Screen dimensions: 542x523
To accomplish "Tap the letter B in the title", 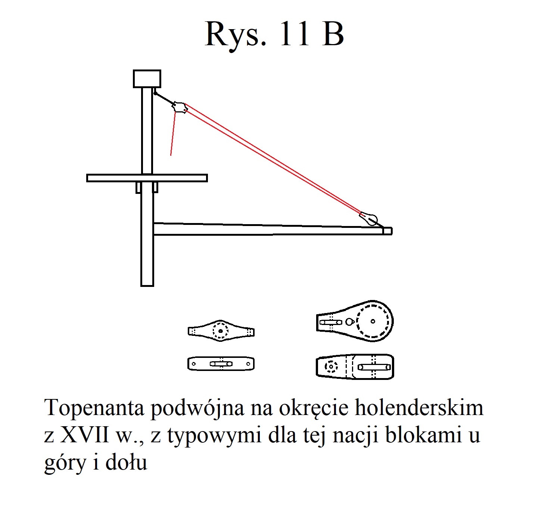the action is click(333, 34).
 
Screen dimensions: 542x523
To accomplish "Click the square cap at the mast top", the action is click(147, 78).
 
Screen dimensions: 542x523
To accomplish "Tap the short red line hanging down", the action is click(173, 134).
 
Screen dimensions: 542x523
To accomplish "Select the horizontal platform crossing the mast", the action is click(147, 178).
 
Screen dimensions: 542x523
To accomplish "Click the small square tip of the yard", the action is click(387, 231).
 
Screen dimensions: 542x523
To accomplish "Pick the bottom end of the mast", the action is click(147, 286).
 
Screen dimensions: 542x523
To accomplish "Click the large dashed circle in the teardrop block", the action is click(373, 321).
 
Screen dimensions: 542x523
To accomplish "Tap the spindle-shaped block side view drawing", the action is click(221, 331).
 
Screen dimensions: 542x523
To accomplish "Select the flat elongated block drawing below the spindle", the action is click(221, 364).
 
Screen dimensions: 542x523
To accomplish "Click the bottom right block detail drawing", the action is click(355, 367).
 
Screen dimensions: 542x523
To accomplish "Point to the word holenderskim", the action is click(419, 408).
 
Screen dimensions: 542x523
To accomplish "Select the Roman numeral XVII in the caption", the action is click(84, 435).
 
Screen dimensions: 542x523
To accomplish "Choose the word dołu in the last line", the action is click(126, 462).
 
